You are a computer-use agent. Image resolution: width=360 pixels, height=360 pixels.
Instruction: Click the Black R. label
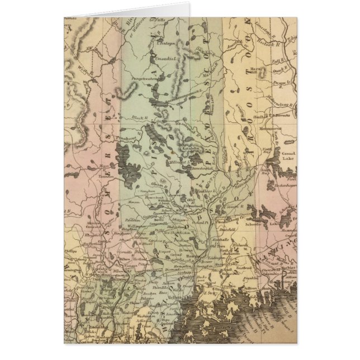click(139, 117)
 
